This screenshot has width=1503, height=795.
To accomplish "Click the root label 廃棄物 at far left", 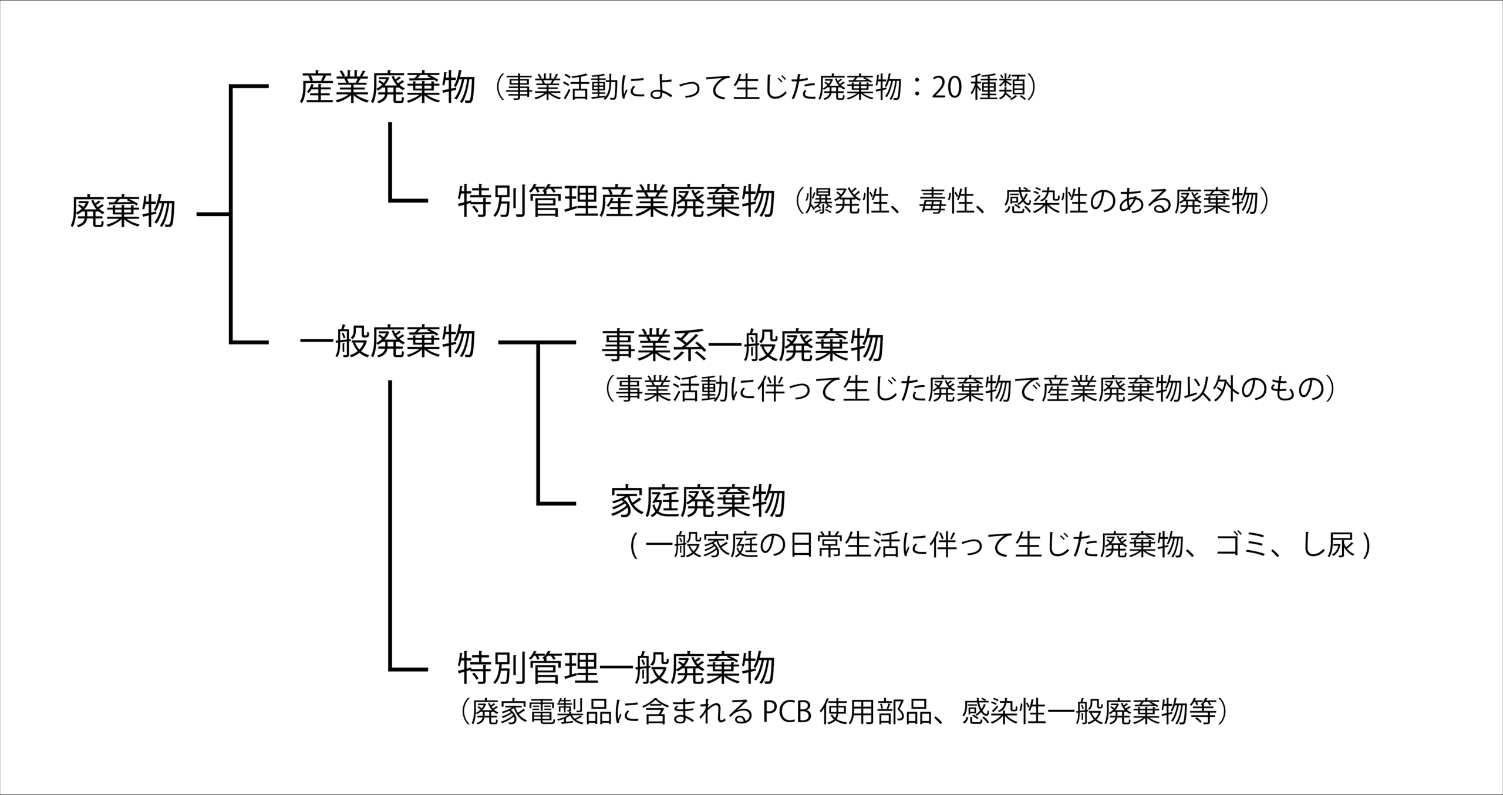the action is coord(123,211).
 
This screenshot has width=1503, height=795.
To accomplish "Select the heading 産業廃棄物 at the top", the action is coord(387,88).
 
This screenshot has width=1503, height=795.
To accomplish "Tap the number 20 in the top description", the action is coord(946,89).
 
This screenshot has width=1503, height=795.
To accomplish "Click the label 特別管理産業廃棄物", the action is coord(616,201).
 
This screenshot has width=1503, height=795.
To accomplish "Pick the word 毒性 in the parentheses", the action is coord(947,201).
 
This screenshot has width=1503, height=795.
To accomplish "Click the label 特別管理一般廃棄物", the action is coord(616,668).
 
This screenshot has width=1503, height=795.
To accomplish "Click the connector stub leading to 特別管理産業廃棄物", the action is coord(408,201).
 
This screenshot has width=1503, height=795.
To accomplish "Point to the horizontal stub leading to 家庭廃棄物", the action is coord(556,503).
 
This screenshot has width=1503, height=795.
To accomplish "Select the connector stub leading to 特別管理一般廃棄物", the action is coord(408,669).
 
